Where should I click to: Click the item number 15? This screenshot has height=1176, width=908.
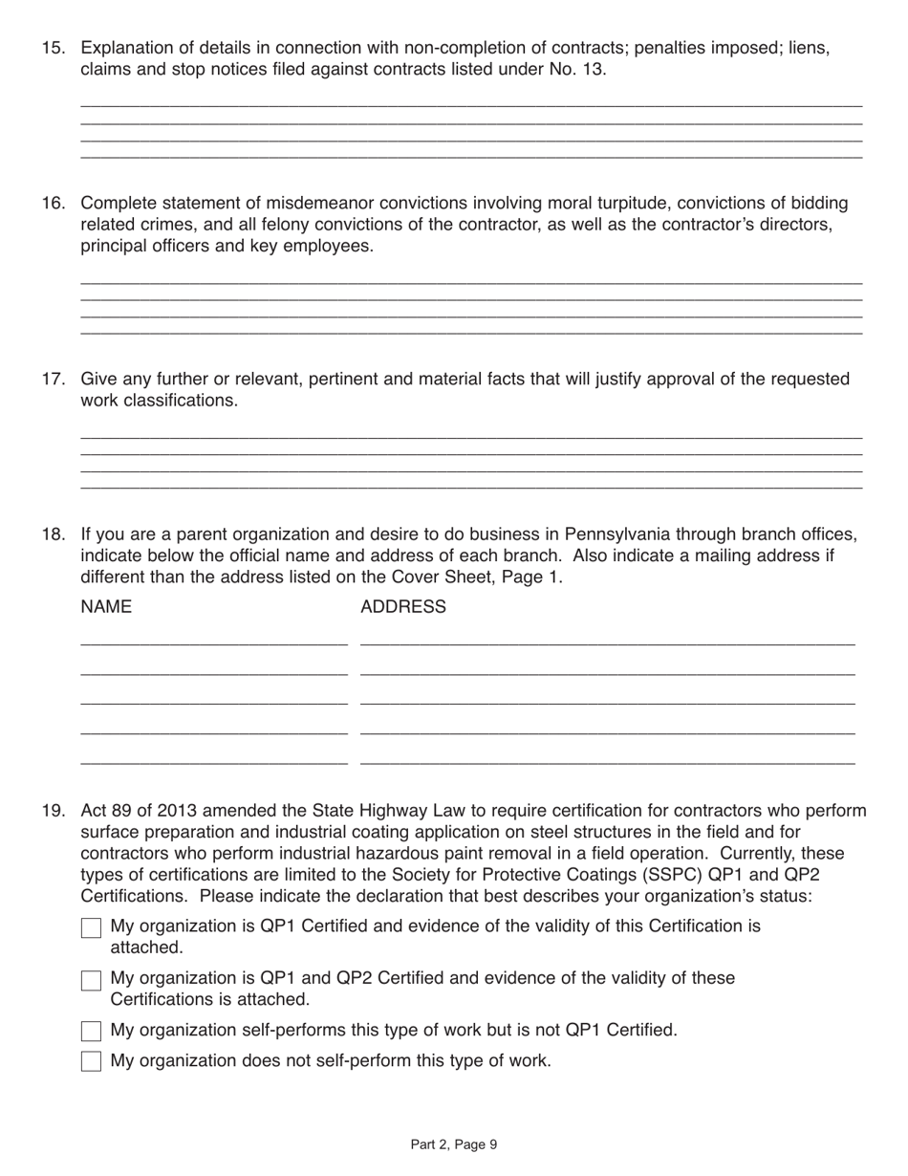point(53,48)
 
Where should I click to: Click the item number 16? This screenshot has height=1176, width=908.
point(53,203)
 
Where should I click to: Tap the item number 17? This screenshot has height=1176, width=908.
point(53,379)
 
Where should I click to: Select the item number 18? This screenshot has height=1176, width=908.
point(53,534)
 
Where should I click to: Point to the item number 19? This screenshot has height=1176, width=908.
point(53,811)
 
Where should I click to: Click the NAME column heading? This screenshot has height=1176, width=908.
point(106,607)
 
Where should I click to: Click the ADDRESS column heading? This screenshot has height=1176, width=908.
point(402,607)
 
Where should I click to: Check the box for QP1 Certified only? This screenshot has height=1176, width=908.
point(91,927)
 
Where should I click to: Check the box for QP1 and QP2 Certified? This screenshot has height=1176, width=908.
point(91,980)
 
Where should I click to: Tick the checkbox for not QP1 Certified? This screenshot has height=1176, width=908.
point(91,1031)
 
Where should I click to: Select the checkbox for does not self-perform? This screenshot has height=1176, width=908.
point(91,1061)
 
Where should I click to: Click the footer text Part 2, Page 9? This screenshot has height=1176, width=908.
point(454,1144)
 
